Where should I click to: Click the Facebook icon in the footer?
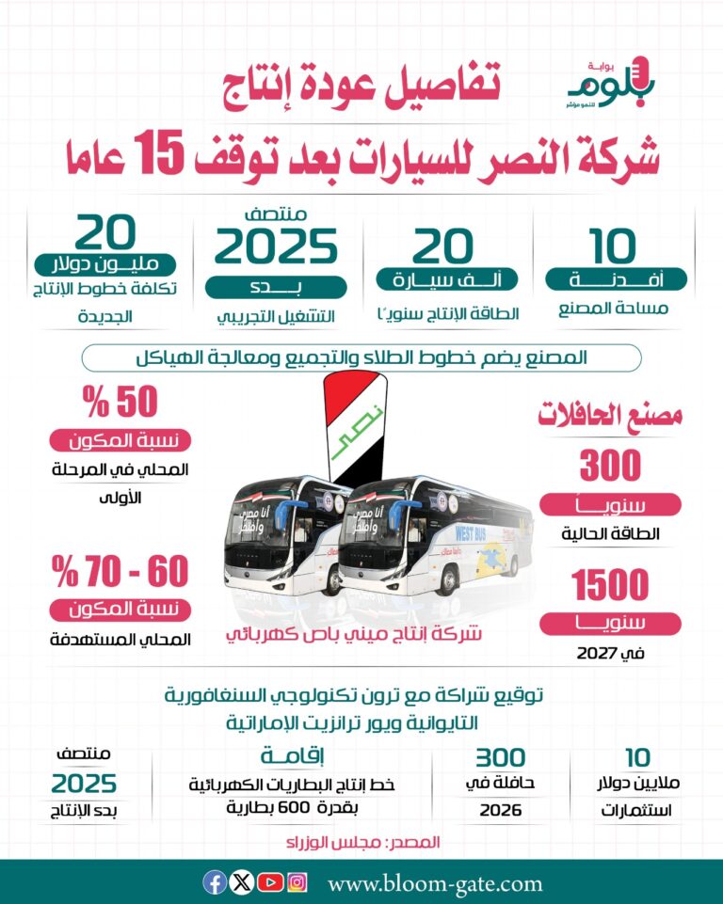click(215, 882)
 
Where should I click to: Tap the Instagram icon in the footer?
click(297, 882)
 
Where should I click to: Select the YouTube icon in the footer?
click(270, 882)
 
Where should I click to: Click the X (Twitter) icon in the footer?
click(242, 882)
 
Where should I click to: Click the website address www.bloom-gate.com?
click(435, 883)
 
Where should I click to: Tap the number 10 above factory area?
click(614, 247)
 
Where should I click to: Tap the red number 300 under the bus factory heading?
click(610, 467)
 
